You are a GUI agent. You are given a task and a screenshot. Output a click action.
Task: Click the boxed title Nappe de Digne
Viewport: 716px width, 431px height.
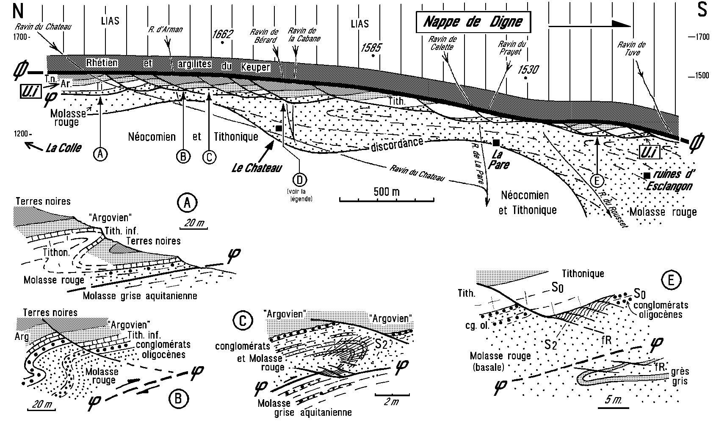pos(473,22)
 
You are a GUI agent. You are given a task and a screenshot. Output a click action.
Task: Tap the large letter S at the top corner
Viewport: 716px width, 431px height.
pos(702,10)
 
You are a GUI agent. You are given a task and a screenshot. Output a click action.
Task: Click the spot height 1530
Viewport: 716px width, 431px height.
pos(527,69)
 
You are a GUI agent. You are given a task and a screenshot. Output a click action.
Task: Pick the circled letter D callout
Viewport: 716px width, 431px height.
pos(300,180)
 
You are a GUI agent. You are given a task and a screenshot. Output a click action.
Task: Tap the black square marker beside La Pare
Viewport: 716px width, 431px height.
pos(496,143)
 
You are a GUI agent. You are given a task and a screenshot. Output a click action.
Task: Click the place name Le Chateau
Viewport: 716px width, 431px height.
pos(257,168)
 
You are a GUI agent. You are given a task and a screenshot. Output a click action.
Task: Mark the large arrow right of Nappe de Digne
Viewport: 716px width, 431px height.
pos(589,24)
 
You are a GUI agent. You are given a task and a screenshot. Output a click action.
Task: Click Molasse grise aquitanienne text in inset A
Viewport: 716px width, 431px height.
pos(140,295)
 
